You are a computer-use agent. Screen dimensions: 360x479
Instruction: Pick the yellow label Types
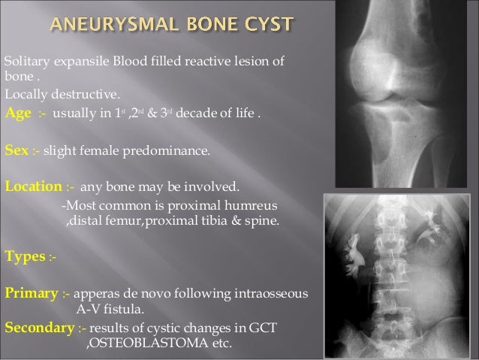pos(24,256)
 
